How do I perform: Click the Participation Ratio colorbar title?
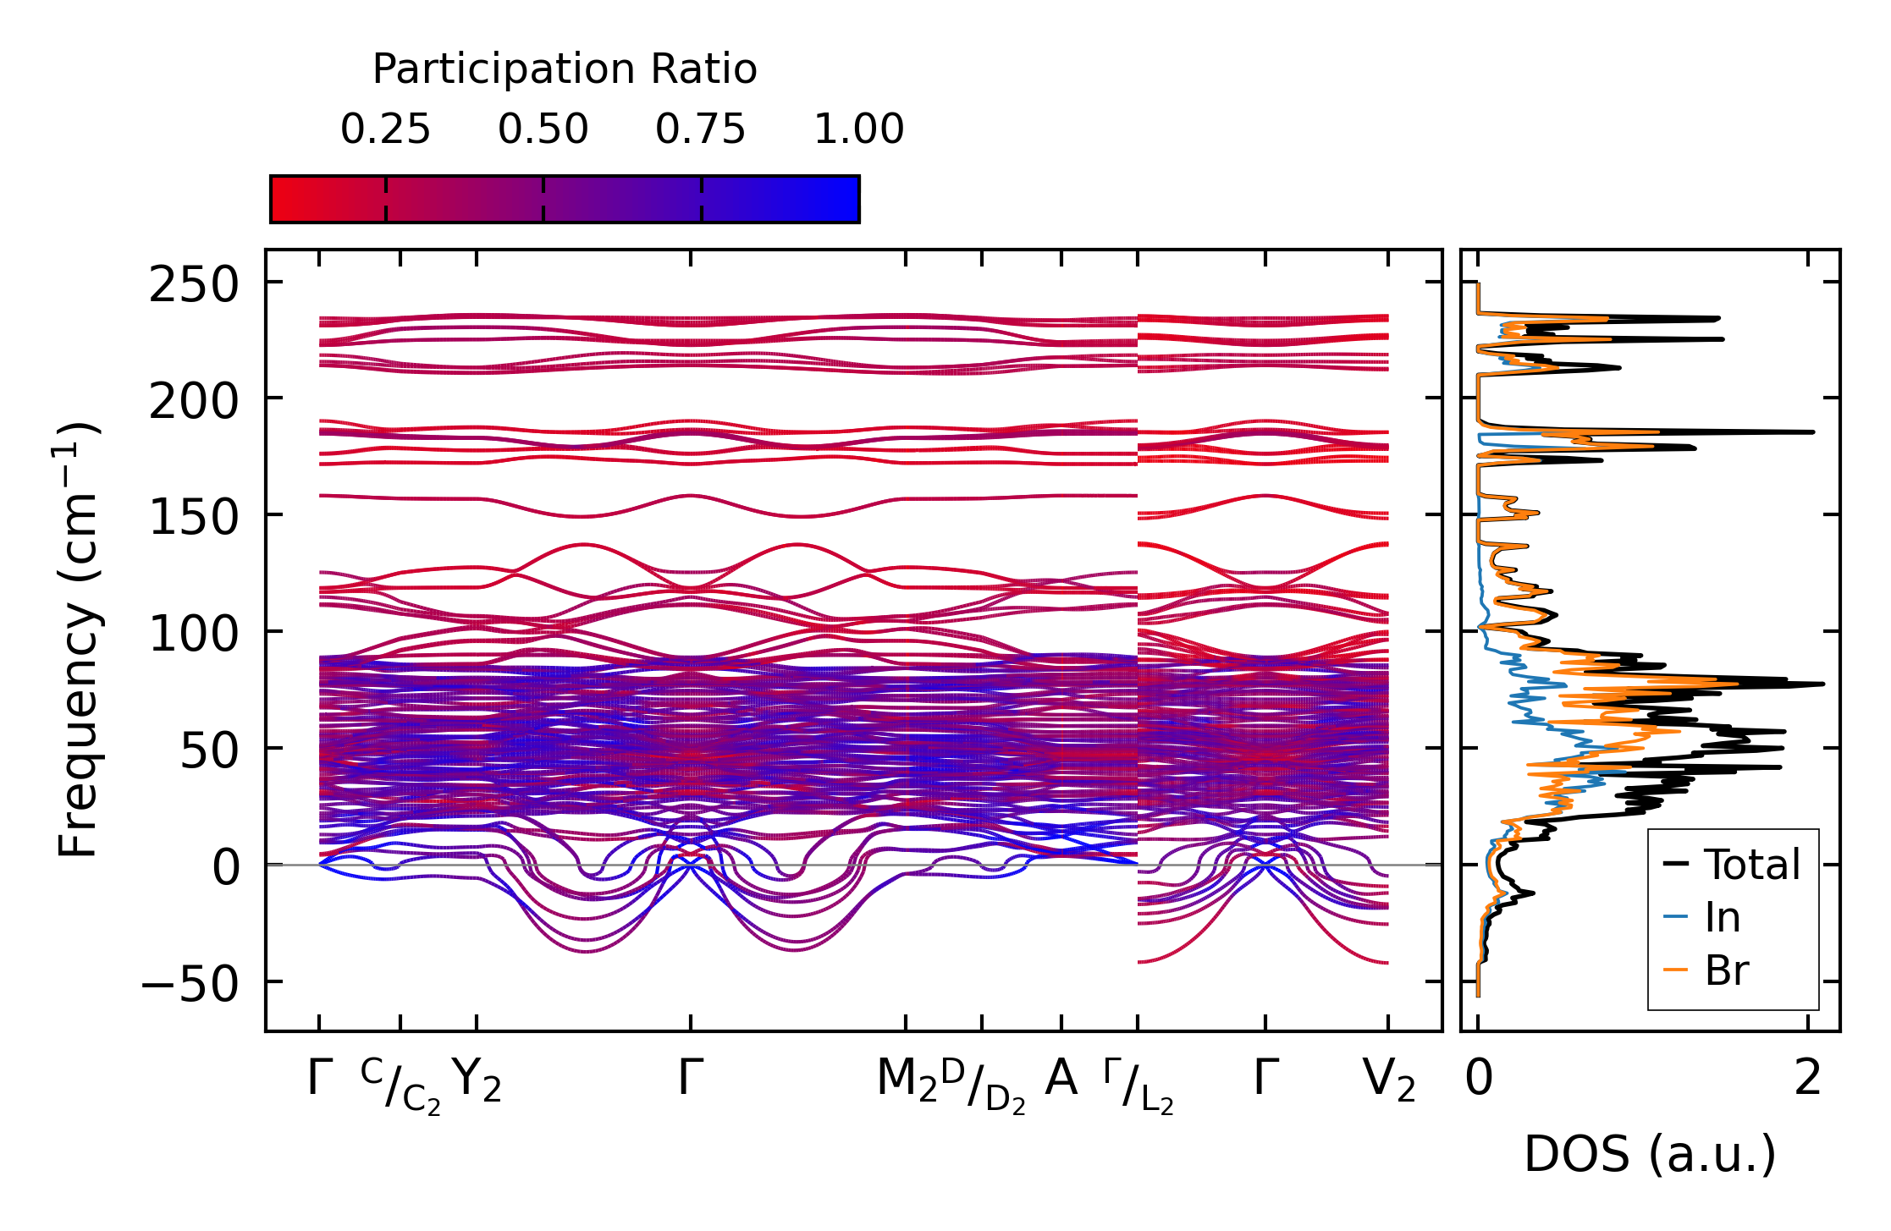pos(565,69)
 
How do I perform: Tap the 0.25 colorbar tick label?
pos(385,130)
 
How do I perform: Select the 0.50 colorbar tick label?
pos(543,130)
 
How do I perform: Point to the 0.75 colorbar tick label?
pos(701,130)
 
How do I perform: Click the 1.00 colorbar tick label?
pos(858,130)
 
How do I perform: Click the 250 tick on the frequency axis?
pos(194,285)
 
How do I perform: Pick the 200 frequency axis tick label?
pos(194,401)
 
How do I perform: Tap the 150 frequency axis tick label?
pos(194,517)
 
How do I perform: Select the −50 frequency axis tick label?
pos(190,984)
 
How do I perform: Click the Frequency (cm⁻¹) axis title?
pos(79,640)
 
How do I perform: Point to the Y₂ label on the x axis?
pos(477,1081)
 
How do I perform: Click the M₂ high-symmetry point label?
pos(907,1081)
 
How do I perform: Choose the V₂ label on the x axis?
pos(1389,1081)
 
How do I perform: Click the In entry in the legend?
pos(1722,918)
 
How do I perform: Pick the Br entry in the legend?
pos(1727,970)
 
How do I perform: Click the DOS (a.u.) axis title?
pos(1650,1155)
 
